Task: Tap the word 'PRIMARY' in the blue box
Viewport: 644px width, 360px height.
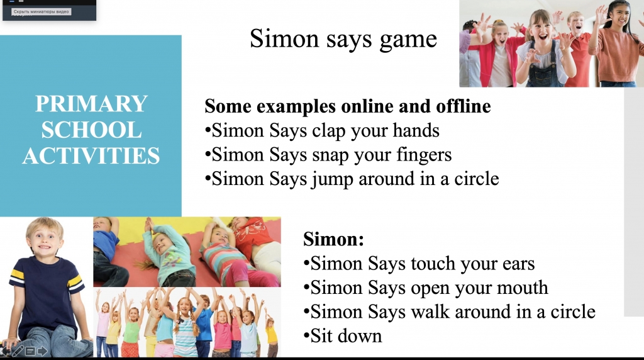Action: click(x=91, y=104)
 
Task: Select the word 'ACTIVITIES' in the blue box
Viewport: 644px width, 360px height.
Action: click(x=91, y=155)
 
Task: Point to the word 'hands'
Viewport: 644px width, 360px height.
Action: click(x=416, y=131)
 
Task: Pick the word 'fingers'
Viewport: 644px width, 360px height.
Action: click(x=424, y=155)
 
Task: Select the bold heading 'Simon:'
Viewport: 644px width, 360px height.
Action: click(x=333, y=239)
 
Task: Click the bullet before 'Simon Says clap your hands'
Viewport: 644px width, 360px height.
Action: click(x=208, y=131)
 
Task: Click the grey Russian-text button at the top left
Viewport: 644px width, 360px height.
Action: click(x=41, y=11)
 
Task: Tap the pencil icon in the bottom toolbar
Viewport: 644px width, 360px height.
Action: click(x=18, y=351)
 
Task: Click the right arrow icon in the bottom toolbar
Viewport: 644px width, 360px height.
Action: click(x=43, y=351)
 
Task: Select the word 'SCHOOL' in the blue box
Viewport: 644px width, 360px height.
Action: click(x=91, y=130)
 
